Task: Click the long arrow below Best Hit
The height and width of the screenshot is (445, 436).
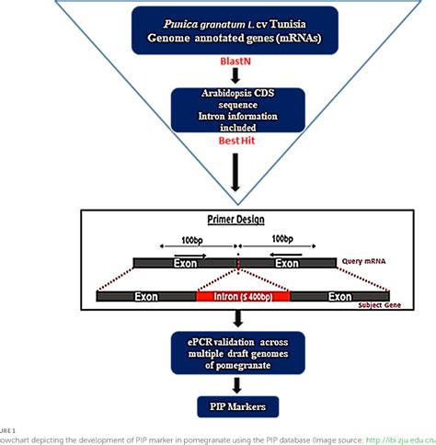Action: (x=238, y=172)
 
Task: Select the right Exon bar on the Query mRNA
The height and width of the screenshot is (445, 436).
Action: (x=289, y=263)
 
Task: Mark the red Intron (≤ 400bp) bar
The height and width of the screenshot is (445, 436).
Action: (x=243, y=297)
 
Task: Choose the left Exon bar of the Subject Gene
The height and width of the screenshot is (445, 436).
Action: (x=145, y=297)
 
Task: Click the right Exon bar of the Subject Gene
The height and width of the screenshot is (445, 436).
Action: (x=340, y=297)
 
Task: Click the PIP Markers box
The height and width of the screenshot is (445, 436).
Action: (x=239, y=406)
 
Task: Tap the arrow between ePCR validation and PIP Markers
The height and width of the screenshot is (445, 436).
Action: (x=238, y=384)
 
